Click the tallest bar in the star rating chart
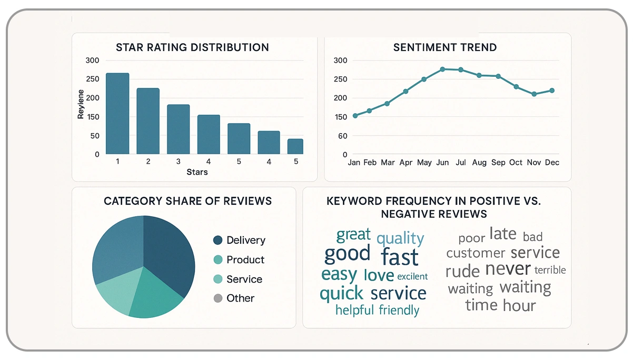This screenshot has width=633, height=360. pos(117,113)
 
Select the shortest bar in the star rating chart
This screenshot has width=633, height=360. pos(295,146)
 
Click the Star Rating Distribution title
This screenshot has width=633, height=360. pos(192,47)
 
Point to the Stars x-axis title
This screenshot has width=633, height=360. pos(197,172)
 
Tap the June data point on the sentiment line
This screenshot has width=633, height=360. pos(442,69)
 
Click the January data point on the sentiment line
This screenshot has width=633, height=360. pos(355,115)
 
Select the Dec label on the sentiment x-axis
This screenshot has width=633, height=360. pos(552,163)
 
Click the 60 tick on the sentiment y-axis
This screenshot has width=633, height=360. pos(342,136)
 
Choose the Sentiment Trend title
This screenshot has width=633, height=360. pos(445,47)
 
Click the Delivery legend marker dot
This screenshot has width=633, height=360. pos(218,241)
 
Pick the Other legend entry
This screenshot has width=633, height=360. pos(240,298)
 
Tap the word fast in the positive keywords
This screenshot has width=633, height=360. pos(400,257)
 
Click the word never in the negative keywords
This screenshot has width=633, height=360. pos(508,269)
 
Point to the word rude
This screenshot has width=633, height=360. pos(462,271)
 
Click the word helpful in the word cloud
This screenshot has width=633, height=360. pos(354,310)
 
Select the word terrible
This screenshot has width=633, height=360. pos(550,270)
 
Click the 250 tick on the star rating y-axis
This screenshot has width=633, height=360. pos(92,79)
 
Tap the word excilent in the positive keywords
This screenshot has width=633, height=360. pos(412,276)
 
